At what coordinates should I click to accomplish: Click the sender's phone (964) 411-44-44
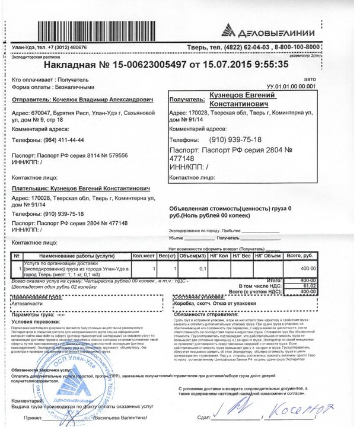(64, 140)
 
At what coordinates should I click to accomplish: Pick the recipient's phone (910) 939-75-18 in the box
(244, 140)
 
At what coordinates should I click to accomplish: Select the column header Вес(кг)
(167, 256)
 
